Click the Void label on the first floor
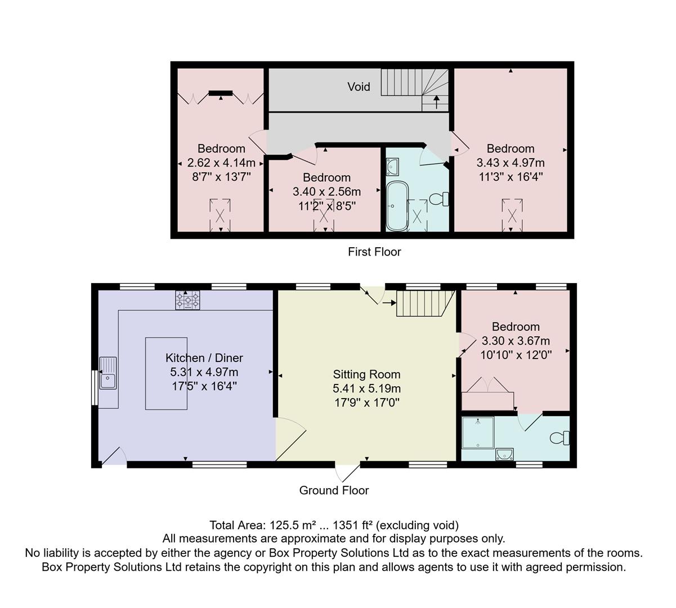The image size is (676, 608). (x=359, y=87)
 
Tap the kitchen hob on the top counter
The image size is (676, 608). (x=187, y=301)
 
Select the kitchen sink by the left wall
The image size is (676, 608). (x=108, y=373)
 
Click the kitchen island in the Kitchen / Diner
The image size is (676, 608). (x=166, y=373)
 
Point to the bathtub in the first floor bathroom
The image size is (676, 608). (x=396, y=205)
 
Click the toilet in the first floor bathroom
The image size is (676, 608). (x=438, y=199)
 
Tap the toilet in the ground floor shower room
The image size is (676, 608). (x=561, y=437)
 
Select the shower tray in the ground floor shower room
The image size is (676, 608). (x=477, y=432)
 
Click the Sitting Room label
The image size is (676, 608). (x=366, y=374)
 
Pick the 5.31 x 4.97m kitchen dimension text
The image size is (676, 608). (x=204, y=372)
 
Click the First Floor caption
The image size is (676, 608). (x=374, y=252)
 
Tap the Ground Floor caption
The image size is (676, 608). (x=334, y=490)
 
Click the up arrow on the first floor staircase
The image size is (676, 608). (x=437, y=102)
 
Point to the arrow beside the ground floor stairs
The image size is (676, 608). (x=389, y=303)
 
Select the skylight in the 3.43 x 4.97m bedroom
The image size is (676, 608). (x=512, y=214)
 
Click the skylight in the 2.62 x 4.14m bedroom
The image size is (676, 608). (x=220, y=214)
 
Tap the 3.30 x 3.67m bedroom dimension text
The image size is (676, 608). (x=516, y=341)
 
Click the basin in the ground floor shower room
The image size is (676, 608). (x=505, y=454)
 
